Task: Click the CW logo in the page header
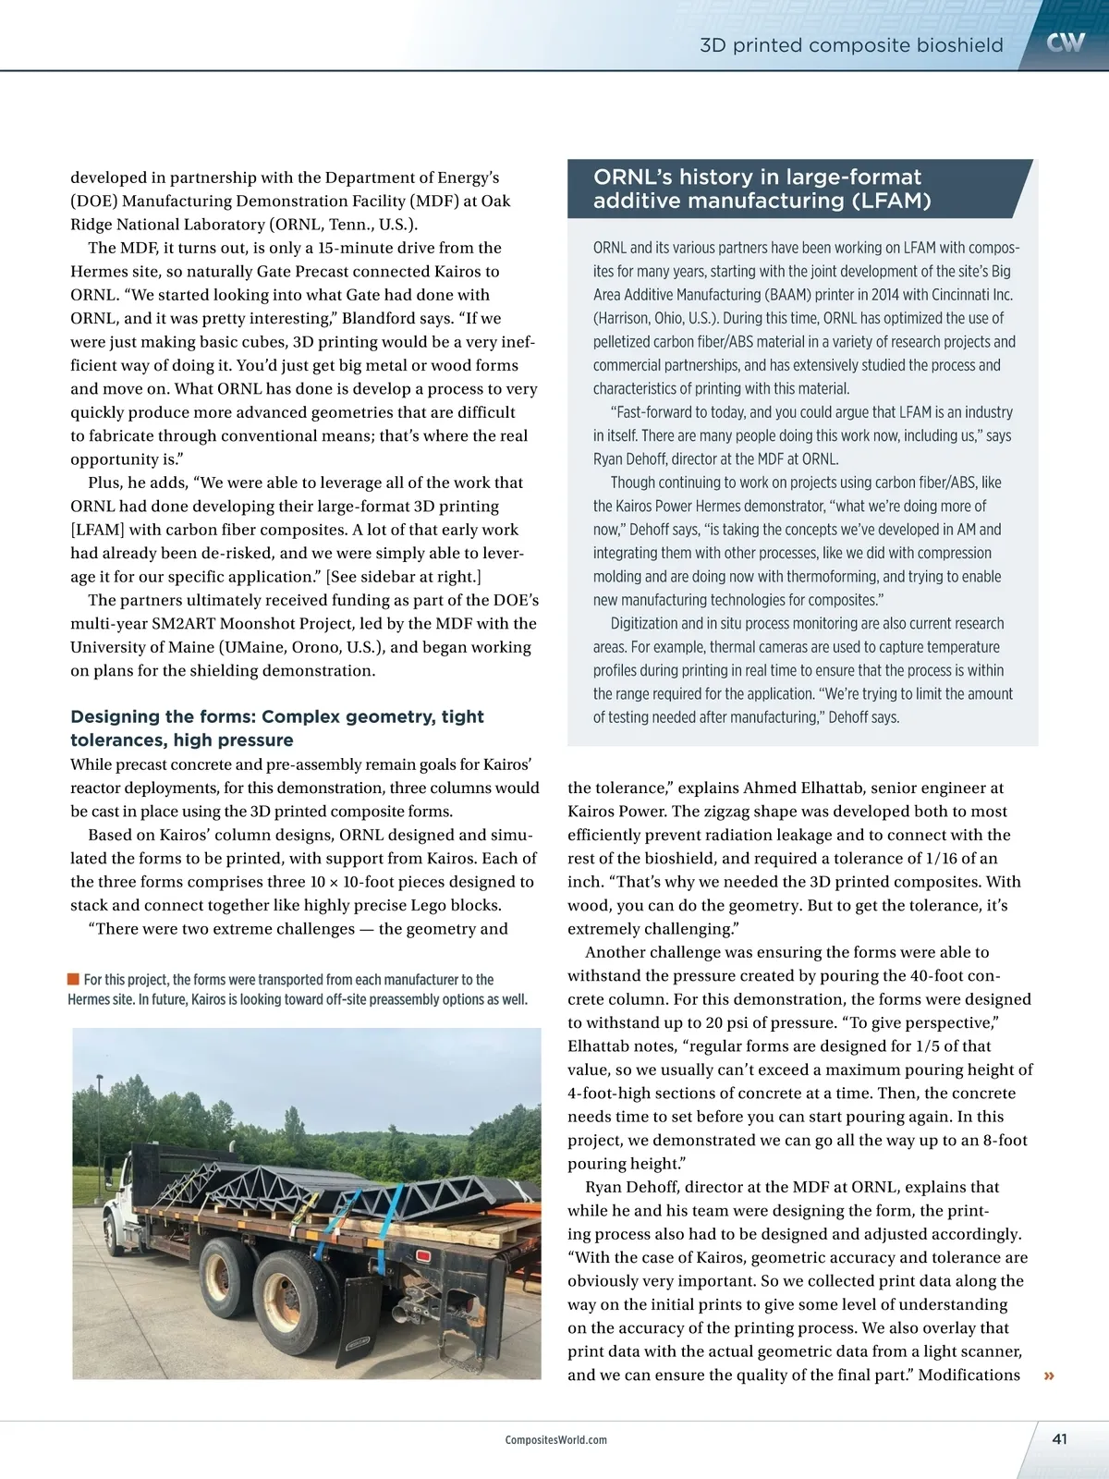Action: (x=1066, y=43)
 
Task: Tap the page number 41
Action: (x=1059, y=1439)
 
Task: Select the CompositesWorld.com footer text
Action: (x=556, y=1440)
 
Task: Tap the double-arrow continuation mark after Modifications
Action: (x=1049, y=1376)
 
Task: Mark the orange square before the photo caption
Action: (x=73, y=980)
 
